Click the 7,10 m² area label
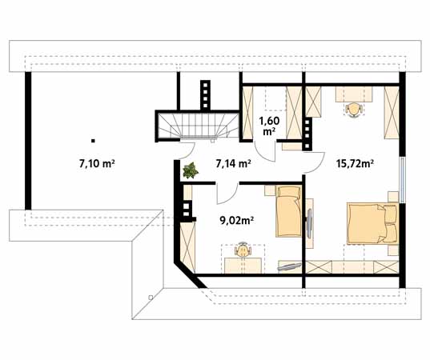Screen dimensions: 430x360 pos(97,164)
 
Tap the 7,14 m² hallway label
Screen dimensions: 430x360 pos(233,164)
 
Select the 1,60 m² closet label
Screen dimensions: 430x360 pos(269,126)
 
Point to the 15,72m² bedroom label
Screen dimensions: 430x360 pos(356,164)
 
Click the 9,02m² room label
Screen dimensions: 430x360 pos(236,220)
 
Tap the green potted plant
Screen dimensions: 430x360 pos(191,170)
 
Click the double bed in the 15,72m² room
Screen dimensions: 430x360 pos(372,223)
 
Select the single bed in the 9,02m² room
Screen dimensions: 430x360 pos(288,211)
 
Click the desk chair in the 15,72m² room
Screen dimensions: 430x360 pos(353,110)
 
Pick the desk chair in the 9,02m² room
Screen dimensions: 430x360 pos(243,250)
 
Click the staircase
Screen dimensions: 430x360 pos(198,126)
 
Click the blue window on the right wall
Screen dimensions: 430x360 pos(402,180)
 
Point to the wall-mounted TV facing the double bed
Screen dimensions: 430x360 pos(309,223)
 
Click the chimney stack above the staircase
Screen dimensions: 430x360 pos(205,94)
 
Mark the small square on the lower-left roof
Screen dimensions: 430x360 pos(151,297)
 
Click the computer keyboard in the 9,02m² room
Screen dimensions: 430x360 pos(289,266)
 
